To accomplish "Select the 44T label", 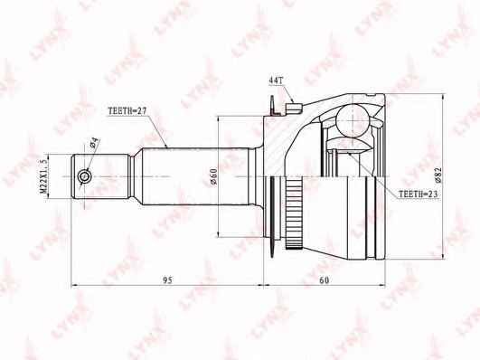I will (x=277, y=82).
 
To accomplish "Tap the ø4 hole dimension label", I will (x=93, y=146).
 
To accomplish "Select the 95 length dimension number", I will (x=165, y=282).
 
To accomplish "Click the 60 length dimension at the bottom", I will (x=324, y=282).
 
